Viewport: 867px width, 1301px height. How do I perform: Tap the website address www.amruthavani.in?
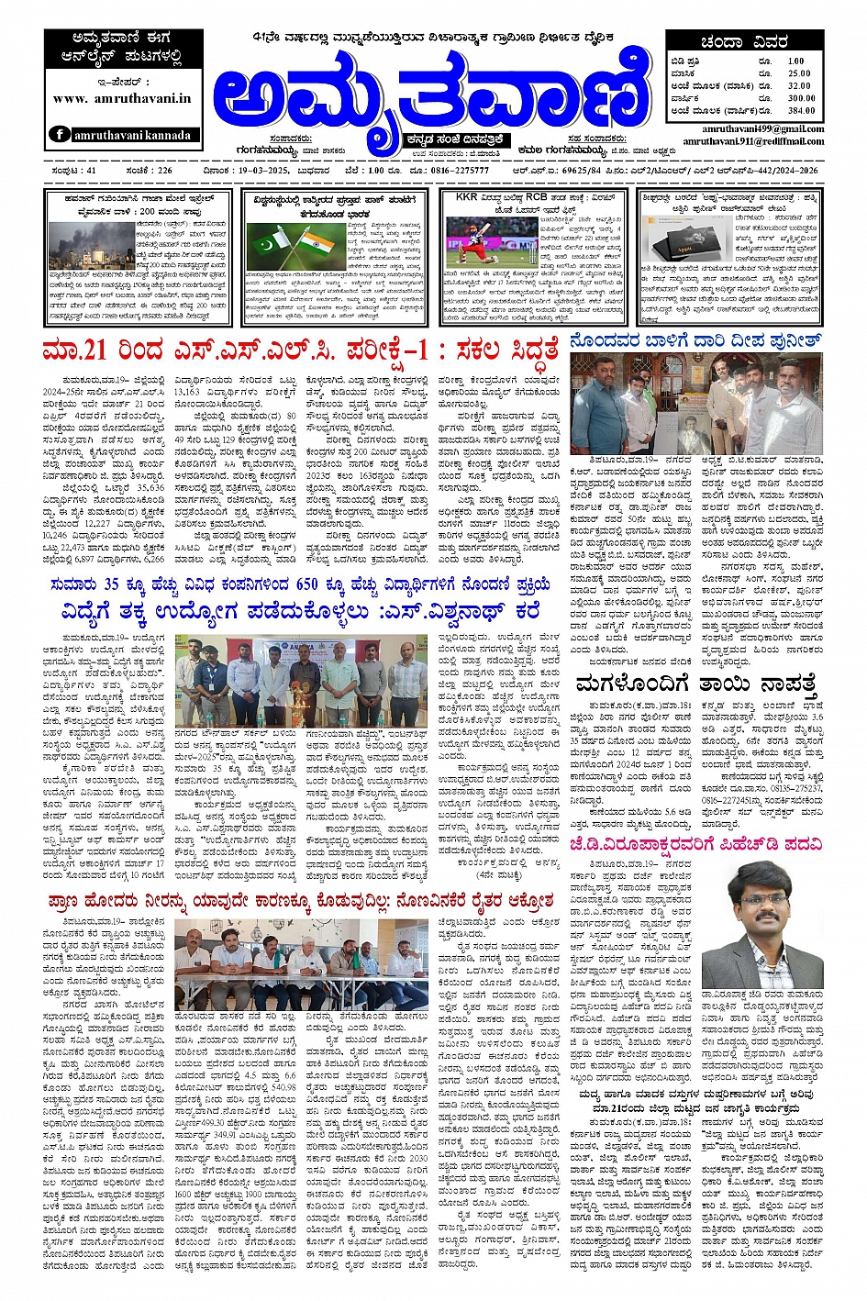[x=122, y=98]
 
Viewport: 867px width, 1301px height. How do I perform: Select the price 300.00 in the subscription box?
[x=800, y=98]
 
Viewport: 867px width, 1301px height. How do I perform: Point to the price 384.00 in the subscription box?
[x=800, y=110]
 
